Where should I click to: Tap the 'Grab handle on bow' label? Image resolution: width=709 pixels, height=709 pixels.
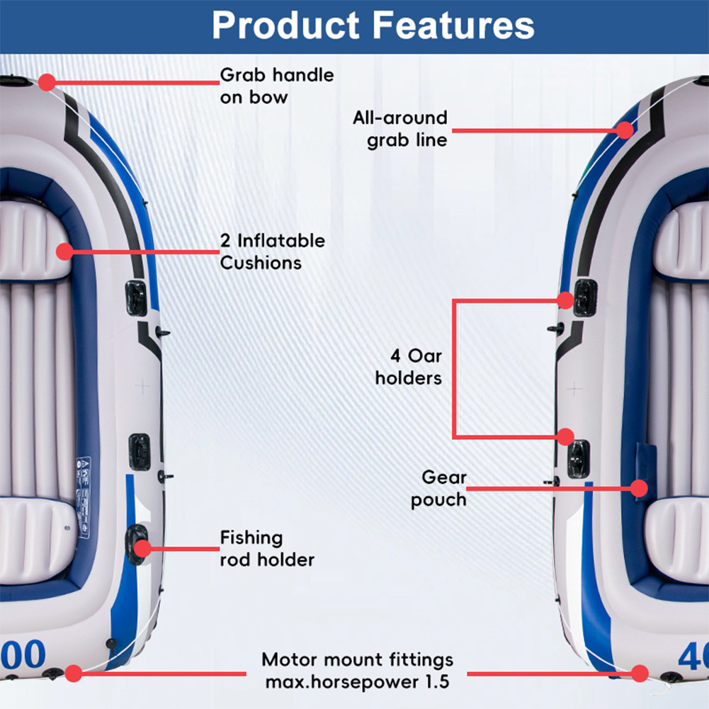(276, 85)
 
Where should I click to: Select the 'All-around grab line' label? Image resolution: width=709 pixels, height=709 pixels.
(400, 128)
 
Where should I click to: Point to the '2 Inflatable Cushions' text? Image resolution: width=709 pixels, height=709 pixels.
(272, 251)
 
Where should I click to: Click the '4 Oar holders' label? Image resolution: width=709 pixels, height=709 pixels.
(409, 366)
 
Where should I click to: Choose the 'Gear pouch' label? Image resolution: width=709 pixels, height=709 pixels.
(439, 488)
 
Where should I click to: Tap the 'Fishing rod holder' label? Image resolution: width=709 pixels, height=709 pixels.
(266, 548)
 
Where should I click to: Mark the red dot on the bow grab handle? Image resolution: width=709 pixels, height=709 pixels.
(47, 82)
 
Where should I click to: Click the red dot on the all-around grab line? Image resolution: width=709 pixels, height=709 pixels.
(624, 130)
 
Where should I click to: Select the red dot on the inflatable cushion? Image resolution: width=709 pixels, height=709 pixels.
(65, 251)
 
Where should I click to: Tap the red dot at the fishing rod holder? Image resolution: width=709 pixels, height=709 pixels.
(142, 548)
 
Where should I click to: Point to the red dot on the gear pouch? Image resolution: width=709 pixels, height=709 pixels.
(639, 487)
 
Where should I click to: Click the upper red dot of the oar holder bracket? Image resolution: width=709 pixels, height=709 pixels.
(565, 300)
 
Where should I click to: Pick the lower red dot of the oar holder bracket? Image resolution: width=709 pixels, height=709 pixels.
(565, 436)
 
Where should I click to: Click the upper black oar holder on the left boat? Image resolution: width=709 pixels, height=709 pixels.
(136, 297)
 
